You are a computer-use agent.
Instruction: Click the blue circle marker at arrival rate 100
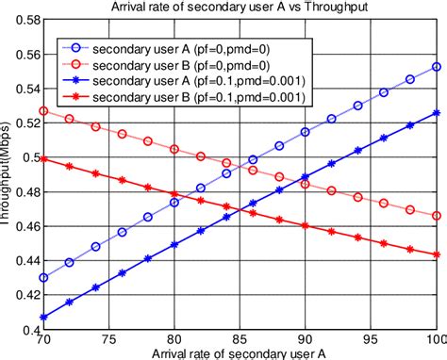coord(436,67)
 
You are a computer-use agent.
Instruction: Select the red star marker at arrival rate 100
coord(436,254)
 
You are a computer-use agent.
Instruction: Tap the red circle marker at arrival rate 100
coord(436,216)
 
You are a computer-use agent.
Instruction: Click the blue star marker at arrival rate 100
coord(436,113)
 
